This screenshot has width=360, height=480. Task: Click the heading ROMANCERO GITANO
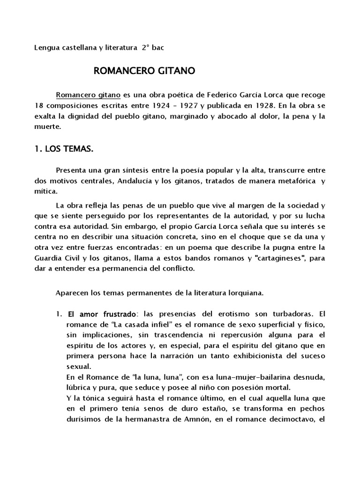tap(144, 71)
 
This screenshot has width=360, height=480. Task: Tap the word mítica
tap(46, 192)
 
